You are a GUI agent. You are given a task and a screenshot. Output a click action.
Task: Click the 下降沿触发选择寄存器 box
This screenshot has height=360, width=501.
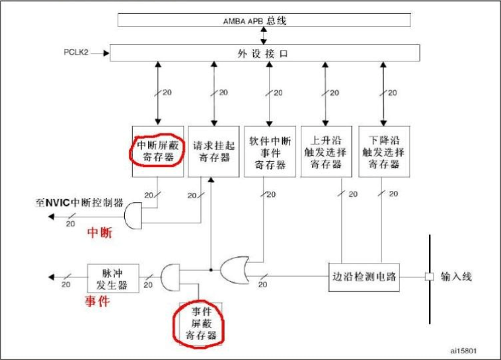(x=382, y=151)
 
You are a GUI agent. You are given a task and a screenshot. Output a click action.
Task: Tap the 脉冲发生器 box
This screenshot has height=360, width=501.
(x=113, y=278)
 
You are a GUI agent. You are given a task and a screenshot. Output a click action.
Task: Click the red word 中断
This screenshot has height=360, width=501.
(x=100, y=233)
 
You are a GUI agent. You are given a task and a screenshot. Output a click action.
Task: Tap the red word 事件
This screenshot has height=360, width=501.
(x=96, y=301)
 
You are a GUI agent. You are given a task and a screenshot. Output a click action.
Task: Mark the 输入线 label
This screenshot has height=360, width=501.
(x=456, y=277)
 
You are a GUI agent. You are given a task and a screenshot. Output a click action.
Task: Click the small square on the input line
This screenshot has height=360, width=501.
(x=429, y=276)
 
